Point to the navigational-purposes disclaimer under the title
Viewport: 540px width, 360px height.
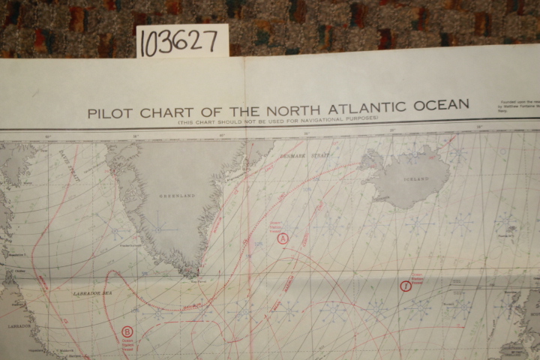point(277,119)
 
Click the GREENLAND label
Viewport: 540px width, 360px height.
point(177,195)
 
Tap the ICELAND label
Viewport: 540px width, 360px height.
point(416,179)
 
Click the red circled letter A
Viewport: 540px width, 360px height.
point(283,238)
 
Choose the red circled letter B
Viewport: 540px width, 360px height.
point(127,331)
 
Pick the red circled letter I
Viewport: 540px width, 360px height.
point(406,286)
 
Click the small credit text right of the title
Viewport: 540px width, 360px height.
point(517,106)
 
